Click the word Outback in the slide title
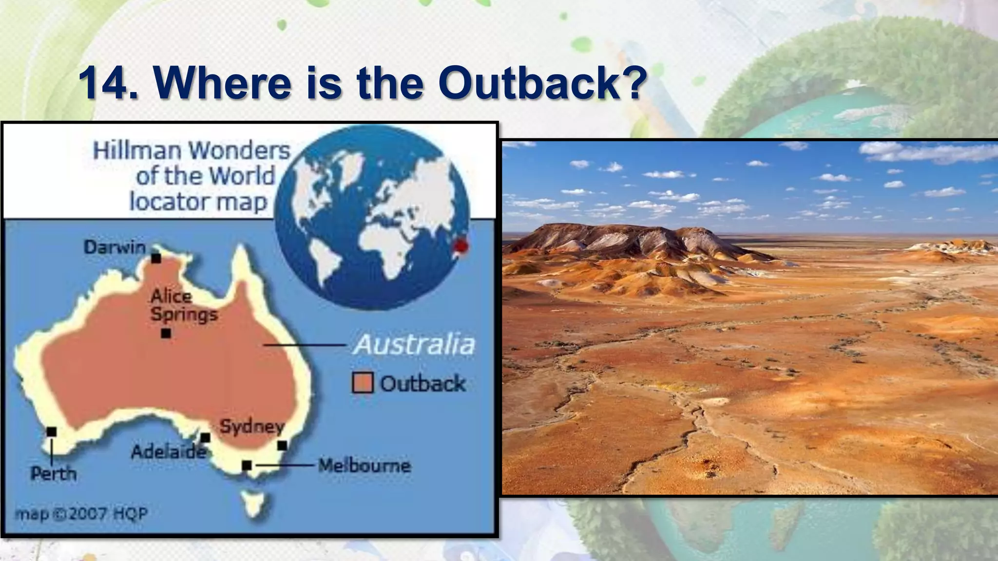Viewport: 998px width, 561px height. [542, 83]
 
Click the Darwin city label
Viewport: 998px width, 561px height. [115, 247]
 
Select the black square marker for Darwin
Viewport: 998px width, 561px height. [156, 258]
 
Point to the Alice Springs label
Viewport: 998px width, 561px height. [184, 305]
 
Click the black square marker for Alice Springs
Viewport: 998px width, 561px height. [166, 334]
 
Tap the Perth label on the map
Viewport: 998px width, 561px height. [54, 473]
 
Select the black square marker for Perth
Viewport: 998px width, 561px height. [52, 432]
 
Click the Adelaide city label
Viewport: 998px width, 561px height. [169, 452]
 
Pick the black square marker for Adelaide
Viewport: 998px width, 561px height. [206, 438]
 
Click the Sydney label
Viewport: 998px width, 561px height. [251, 427]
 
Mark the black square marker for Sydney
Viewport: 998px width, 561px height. [282, 446]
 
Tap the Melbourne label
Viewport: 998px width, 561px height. [365, 466]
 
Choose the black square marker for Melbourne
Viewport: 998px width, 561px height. [247, 466]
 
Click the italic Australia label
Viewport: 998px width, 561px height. [414, 345]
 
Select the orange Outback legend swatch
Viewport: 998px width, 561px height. [363, 383]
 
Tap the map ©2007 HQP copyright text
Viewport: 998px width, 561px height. [81, 514]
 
